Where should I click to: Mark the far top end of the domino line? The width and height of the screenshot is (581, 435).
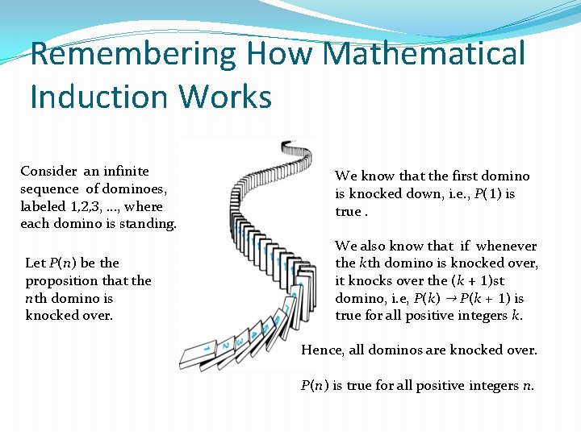pos(288,147)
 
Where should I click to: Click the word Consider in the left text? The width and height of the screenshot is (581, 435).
pos(49,171)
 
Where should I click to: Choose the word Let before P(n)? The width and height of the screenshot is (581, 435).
pos(36,263)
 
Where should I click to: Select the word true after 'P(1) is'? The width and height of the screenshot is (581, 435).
pos(348,211)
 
